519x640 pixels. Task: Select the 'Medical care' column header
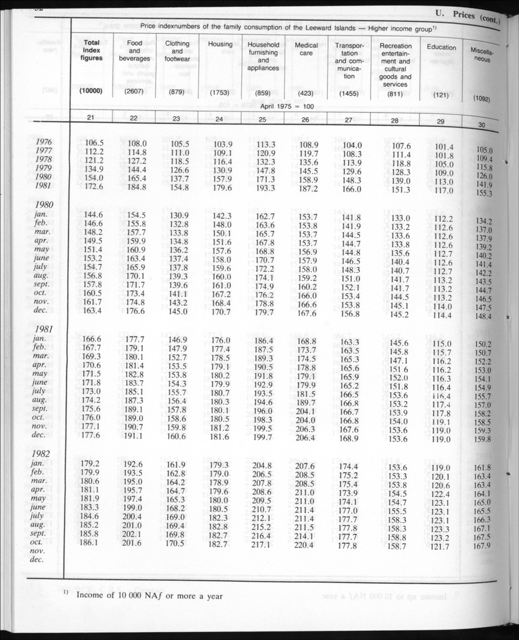tap(306, 49)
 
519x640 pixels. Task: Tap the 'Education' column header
tap(441, 47)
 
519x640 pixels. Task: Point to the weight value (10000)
tap(90, 91)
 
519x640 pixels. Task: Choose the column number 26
tap(305, 120)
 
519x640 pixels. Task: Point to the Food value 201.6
tap(134, 544)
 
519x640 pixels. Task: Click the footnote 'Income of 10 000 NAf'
tap(150, 596)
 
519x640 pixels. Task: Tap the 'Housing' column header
tap(220, 44)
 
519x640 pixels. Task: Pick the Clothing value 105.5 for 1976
tap(176, 143)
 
